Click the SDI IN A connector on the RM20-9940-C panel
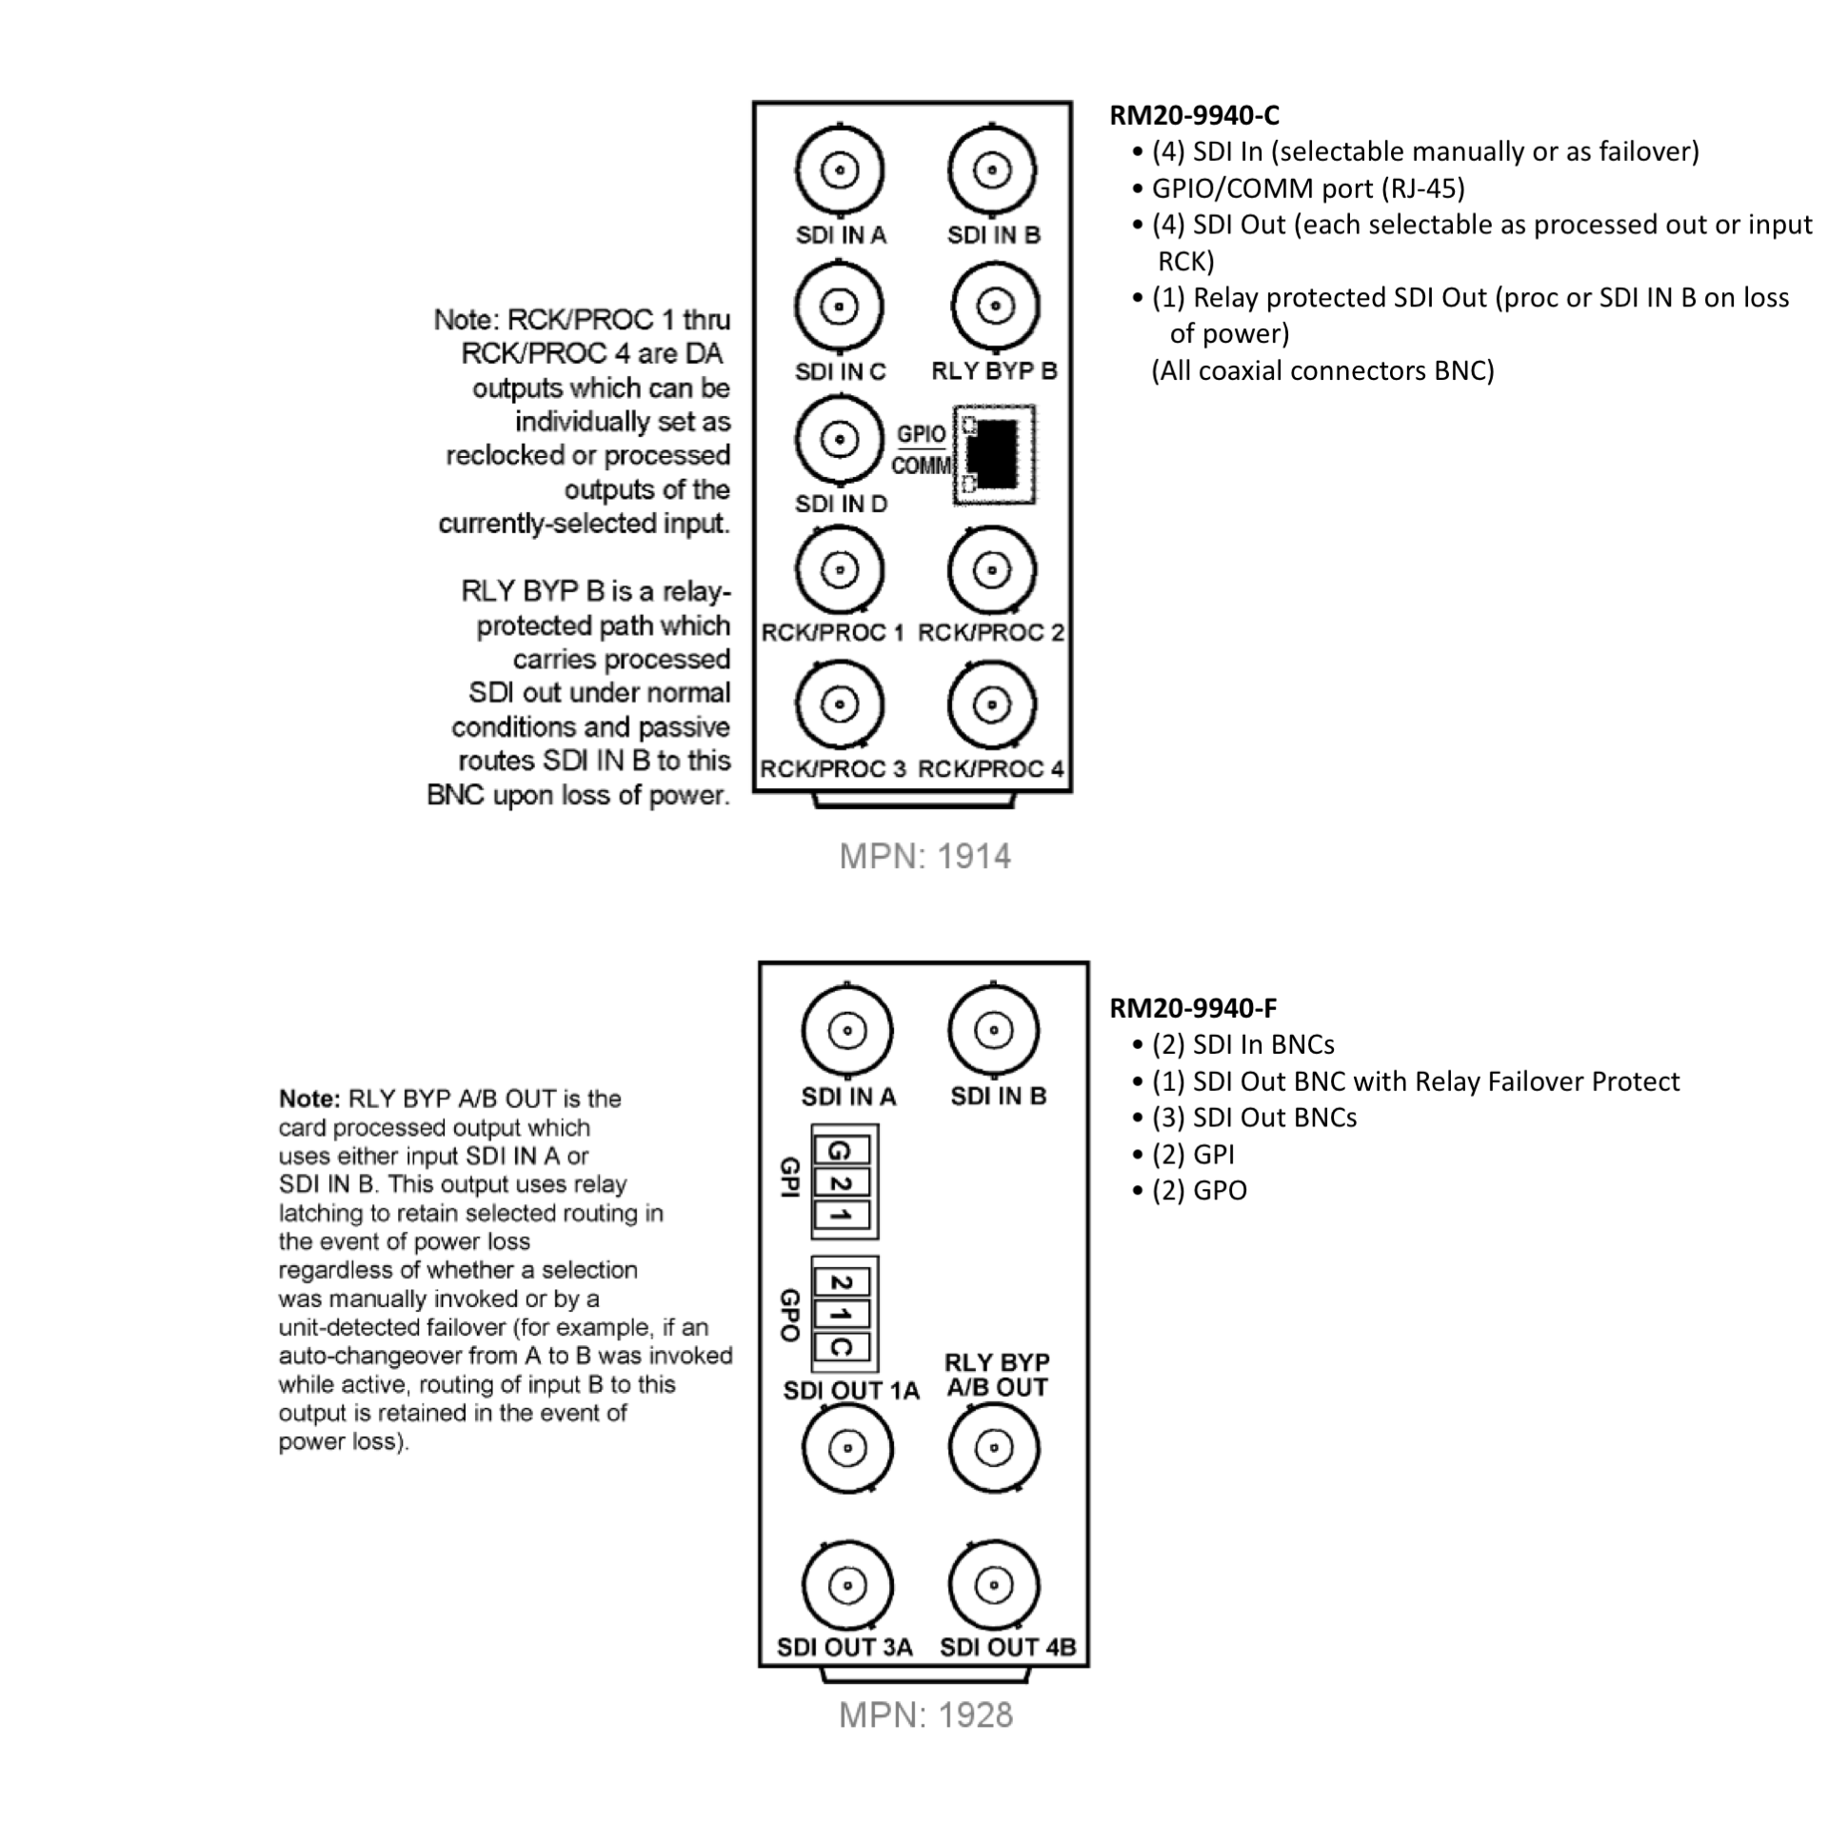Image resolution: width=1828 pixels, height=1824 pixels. point(839,171)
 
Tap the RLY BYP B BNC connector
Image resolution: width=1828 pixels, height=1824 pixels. point(995,307)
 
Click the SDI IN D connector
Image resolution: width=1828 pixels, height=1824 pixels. point(839,440)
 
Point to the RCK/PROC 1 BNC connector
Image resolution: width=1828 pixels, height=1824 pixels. point(839,571)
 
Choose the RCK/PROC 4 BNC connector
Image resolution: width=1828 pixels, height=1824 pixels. point(992,705)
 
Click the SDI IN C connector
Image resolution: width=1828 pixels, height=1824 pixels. point(839,307)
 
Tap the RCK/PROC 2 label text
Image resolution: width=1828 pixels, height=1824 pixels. point(990,633)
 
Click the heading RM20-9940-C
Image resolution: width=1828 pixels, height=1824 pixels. point(1194,116)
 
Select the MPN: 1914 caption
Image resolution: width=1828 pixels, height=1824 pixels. point(924,857)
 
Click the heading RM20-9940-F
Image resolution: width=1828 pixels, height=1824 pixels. point(1193,1008)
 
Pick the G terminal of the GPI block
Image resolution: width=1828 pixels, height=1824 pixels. point(842,1151)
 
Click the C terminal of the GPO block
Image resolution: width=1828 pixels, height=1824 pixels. point(842,1347)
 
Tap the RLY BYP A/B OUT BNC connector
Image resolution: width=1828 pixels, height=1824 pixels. point(994,1449)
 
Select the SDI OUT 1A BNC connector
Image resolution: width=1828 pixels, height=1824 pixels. point(847,1449)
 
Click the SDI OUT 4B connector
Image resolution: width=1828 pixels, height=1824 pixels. point(994,1585)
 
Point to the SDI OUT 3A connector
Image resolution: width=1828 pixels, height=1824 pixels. point(847,1585)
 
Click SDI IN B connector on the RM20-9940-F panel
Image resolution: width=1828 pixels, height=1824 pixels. point(994,1030)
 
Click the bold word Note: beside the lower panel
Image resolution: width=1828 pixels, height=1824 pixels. point(308,1100)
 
